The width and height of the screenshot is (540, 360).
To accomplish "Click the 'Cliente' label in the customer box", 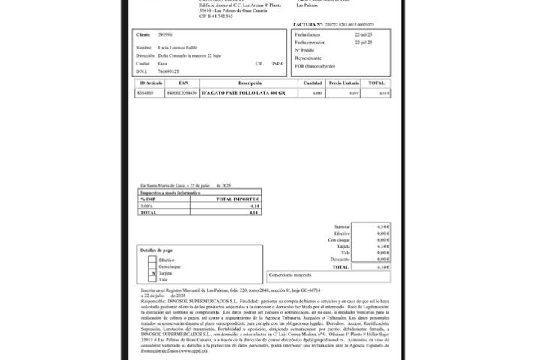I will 142,35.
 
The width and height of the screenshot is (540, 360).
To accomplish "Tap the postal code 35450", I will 277,64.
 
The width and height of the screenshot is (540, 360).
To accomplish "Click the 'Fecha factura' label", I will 309,35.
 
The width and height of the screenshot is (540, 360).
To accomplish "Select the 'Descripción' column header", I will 250,82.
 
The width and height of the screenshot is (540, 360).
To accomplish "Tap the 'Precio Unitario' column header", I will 343,82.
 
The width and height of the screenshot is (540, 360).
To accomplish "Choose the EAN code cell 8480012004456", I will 183,92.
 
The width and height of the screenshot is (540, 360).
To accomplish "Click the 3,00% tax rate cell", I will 146,205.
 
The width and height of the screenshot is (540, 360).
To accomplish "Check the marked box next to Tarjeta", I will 152,273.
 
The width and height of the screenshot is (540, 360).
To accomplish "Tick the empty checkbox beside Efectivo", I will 152,259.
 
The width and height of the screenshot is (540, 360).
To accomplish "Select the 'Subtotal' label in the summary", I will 342,226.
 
